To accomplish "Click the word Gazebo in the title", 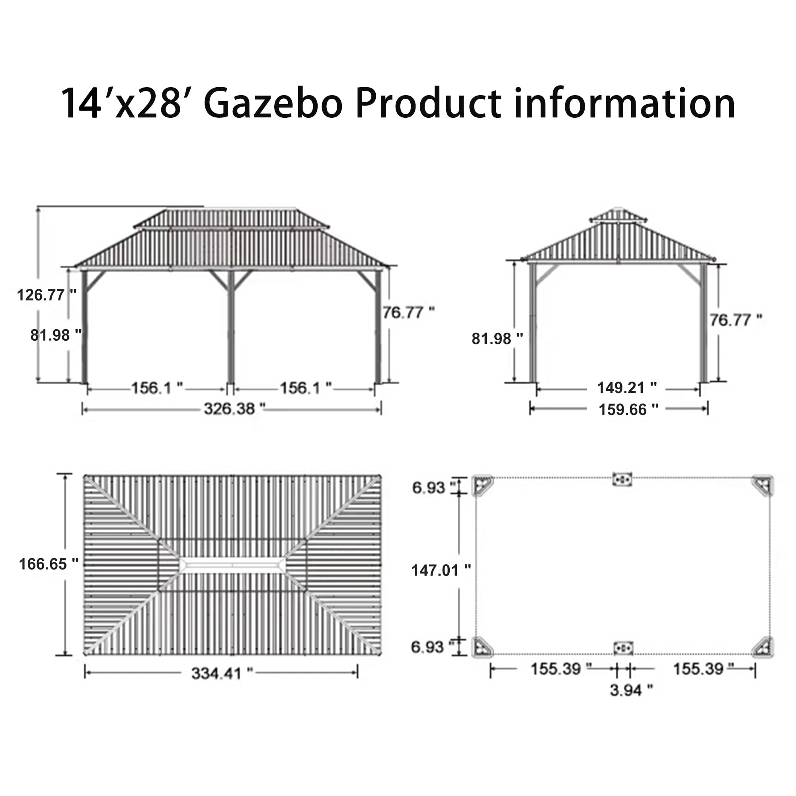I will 273,103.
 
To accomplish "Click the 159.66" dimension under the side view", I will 628,410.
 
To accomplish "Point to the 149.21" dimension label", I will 627,388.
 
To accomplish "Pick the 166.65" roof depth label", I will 49,564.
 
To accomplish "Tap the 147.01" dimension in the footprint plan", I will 441,570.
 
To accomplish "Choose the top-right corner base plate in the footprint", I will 762,485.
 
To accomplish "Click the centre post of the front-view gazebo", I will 231,326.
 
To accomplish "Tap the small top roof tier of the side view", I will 618,215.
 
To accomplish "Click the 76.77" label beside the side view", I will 736,320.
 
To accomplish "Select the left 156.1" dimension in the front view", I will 157,388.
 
